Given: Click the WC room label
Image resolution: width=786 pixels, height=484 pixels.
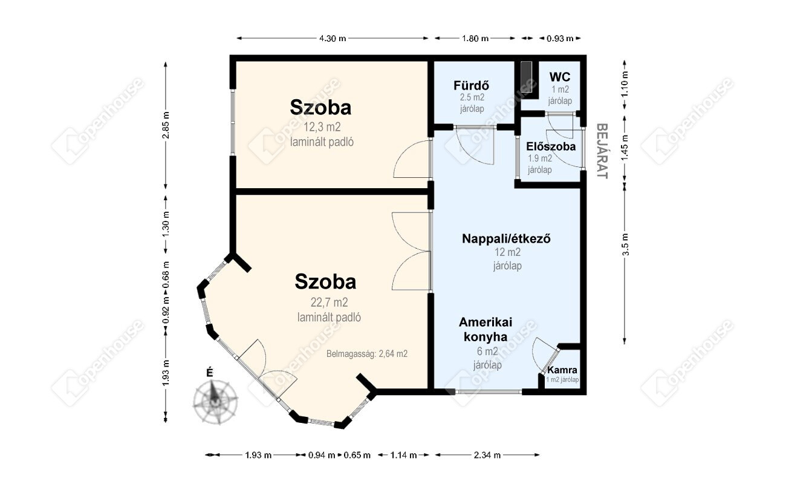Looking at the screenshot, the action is (560, 77).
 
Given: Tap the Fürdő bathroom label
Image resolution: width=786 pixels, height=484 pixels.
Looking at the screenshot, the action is (471, 85).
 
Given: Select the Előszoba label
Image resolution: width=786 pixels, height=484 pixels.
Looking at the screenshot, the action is (551, 146).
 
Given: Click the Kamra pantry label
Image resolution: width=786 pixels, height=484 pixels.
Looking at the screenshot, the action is (562, 370).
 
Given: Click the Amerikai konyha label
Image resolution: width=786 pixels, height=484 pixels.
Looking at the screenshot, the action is (486, 330).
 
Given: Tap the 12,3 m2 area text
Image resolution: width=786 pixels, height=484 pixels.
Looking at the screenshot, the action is (322, 127).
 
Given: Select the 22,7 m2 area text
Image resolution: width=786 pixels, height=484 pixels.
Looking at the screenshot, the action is (329, 302).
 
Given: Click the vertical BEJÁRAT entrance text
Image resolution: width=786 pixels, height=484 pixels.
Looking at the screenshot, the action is (602, 151).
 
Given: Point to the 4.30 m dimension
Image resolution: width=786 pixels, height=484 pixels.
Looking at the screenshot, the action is (333, 38).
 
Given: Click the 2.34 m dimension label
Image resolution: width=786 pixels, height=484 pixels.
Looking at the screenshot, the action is (487, 455).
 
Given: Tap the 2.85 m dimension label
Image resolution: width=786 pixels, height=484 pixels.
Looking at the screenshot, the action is (166, 125).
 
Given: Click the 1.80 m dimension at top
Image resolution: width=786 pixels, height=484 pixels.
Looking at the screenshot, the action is (475, 38).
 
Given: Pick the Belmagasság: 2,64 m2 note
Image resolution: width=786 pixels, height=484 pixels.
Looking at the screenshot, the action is (367, 354).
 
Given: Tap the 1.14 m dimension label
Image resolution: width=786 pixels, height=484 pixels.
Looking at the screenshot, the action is (403, 455).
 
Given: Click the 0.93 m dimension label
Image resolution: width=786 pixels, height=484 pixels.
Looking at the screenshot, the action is (560, 38).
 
